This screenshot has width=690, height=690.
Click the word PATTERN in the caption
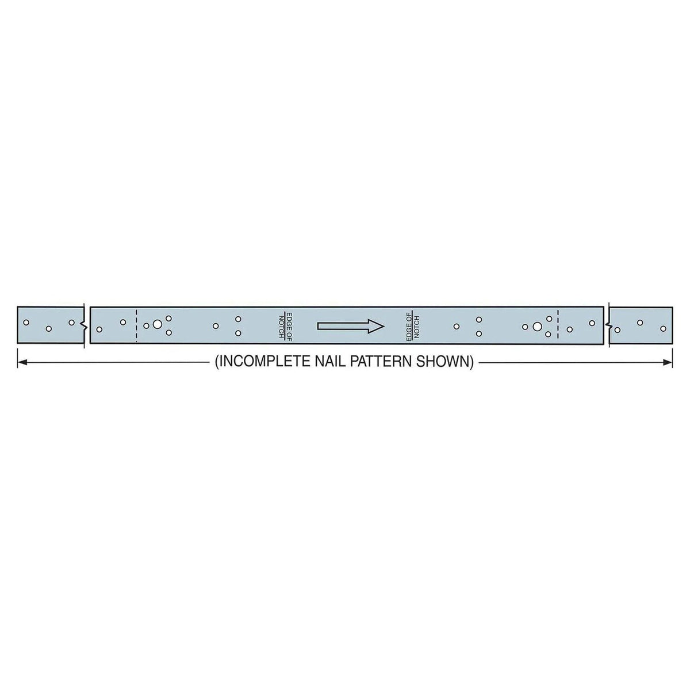tap(379, 362)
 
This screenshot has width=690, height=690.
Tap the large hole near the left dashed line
tap(157, 325)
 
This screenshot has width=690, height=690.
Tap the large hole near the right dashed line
tap(536, 327)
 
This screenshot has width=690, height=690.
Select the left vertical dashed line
tap(136, 325)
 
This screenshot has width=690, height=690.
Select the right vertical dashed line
tap(558, 325)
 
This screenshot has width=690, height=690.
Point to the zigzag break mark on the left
tap(85, 325)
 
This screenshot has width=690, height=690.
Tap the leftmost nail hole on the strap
tap(26, 323)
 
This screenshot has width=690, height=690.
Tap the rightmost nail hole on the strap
tap(663, 328)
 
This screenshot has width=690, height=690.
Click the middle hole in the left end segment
tap(49, 329)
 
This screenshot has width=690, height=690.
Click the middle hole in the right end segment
tap(640, 323)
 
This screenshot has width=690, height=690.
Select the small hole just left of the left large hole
tap(146, 325)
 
